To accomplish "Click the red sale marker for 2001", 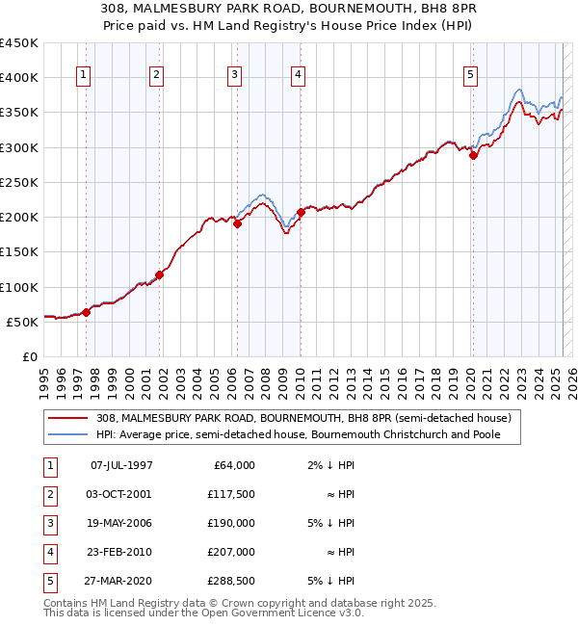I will click(160, 274).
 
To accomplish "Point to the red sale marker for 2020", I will click(473, 156).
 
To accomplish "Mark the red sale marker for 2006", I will click(238, 224).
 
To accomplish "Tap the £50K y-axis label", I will click(22, 322).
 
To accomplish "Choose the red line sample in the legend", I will click(68, 418).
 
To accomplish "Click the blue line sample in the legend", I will click(68, 434).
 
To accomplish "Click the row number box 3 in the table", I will click(49, 523).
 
